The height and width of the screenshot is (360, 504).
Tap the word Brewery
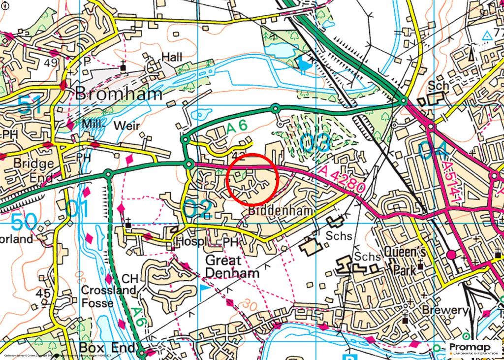(444, 310)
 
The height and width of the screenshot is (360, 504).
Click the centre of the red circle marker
(252, 179)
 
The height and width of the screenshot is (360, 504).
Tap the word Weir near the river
(126, 126)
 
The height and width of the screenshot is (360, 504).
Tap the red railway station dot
(451, 255)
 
